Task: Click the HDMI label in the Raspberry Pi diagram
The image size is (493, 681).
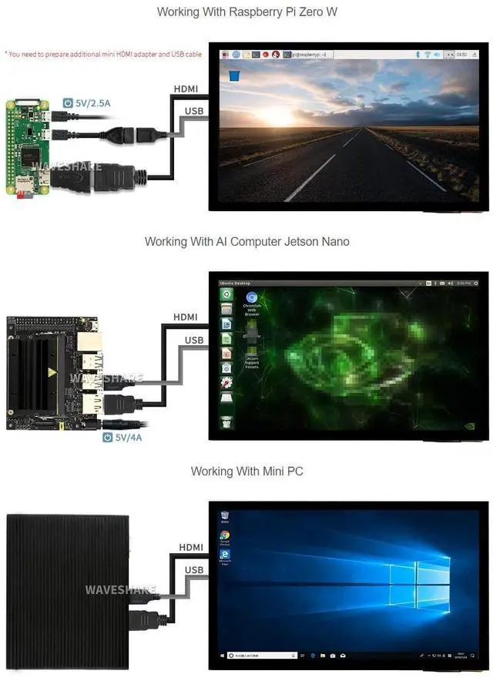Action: coord(186,89)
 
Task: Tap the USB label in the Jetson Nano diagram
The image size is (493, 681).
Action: coord(194,340)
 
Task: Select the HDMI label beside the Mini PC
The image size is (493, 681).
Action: coord(191,547)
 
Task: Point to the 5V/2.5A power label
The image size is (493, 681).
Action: coord(92,102)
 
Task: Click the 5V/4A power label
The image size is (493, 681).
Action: coord(127,438)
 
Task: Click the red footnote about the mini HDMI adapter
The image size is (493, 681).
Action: coord(104,55)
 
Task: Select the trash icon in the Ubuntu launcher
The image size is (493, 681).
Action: coord(226,422)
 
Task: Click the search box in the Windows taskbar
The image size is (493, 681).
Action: coord(262,656)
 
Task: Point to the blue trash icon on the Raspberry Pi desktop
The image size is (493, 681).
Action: coord(234,75)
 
